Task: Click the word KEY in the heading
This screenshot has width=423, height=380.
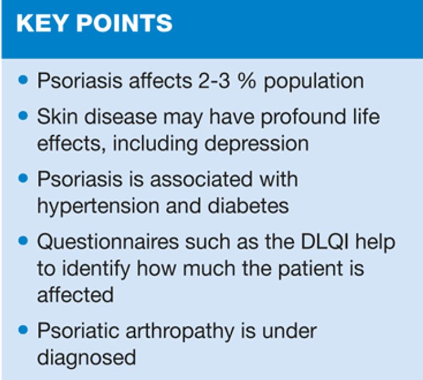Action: pyautogui.click(x=42, y=23)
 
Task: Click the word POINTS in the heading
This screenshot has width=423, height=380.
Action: pyautogui.click(x=125, y=23)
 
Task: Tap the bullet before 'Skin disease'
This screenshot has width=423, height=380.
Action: pyautogui.click(x=23, y=116)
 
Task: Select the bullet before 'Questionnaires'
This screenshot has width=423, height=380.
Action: pyautogui.click(x=23, y=241)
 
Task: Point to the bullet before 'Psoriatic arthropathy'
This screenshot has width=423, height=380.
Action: pyautogui.click(x=23, y=330)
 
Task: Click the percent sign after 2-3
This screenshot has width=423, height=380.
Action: pyautogui.click(x=246, y=81)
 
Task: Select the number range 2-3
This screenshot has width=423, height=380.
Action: pyautogui.click(x=214, y=81)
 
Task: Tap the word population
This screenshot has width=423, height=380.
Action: pyautogui.click(x=314, y=81)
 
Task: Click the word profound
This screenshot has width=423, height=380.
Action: pyautogui.click(x=303, y=117)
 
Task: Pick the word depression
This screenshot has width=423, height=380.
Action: pyautogui.click(x=257, y=144)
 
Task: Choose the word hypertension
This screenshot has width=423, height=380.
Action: pyautogui.click(x=98, y=206)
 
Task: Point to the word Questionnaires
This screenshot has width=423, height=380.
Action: pyautogui.click(x=108, y=242)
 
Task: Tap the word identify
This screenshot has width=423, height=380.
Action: pyautogui.click(x=96, y=269)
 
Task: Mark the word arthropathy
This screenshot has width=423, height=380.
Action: pyautogui.click(x=180, y=332)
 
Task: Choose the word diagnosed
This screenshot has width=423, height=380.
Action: pyautogui.click(x=86, y=358)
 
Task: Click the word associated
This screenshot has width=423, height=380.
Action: pyautogui.click(x=201, y=179)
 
